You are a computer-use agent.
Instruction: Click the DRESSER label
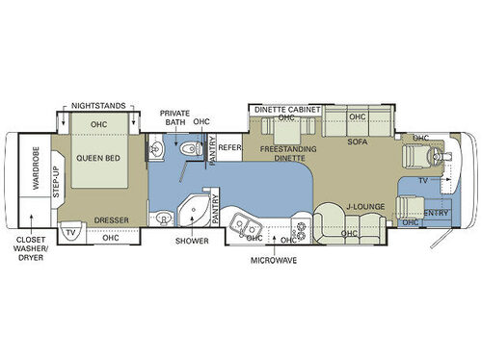(x=112, y=220)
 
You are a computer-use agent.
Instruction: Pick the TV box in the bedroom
(x=70, y=232)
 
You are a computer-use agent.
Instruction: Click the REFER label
(x=229, y=147)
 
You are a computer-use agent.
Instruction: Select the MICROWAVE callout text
(x=272, y=259)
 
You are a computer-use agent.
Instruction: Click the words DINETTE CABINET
(x=286, y=110)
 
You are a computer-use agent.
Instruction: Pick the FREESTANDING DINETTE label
(x=286, y=155)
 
